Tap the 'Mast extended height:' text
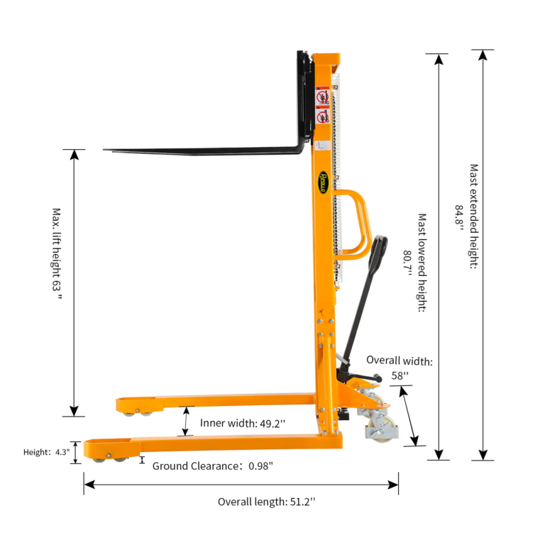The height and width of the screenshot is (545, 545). pos(473,216)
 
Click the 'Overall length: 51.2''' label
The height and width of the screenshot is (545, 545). pos(266,502)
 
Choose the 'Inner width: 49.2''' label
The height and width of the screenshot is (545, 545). pos(243,423)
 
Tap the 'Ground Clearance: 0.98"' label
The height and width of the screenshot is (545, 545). pos(213,466)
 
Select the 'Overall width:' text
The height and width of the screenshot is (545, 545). pos(399,360)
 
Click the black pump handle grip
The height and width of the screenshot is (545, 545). pos(381,245)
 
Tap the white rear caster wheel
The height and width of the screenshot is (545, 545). pos(373,430)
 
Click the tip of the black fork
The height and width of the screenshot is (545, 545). pos(106,150)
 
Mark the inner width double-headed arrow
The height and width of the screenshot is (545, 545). pos(186,421)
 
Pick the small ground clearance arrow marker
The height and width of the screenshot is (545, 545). pos(142,461)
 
